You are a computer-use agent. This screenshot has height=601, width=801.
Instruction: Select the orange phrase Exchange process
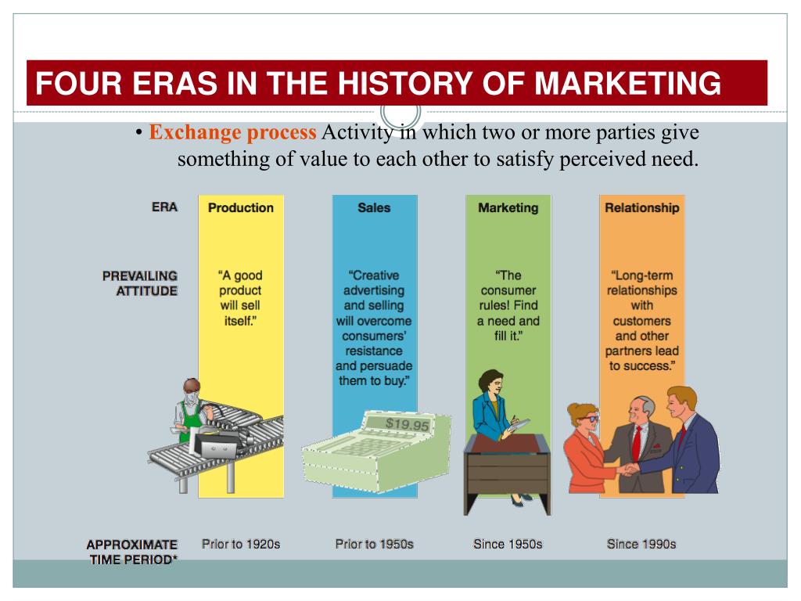point(233,133)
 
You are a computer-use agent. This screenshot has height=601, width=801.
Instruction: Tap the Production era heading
point(241,208)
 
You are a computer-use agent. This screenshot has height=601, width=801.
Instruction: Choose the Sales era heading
point(374,208)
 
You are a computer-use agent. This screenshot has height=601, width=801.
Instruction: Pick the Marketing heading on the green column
point(508,208)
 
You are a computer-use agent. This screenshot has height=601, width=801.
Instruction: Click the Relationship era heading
point(641,208)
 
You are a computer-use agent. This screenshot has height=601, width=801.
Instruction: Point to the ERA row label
point(164,207)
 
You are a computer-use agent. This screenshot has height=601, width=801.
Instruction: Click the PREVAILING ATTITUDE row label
point(140,283)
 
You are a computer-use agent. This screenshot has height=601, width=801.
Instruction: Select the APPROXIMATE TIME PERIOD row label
point(132,551)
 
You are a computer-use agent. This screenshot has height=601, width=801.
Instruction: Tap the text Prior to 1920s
point(241,544)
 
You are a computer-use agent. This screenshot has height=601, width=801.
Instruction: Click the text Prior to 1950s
point(374,544)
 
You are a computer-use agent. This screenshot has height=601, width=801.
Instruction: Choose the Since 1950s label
point(508,544)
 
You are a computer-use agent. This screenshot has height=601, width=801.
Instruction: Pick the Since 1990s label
point(641,544)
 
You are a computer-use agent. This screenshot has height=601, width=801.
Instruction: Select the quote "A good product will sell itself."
point(241,298)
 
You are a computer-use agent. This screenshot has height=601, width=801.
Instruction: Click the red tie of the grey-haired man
point(636,442)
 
